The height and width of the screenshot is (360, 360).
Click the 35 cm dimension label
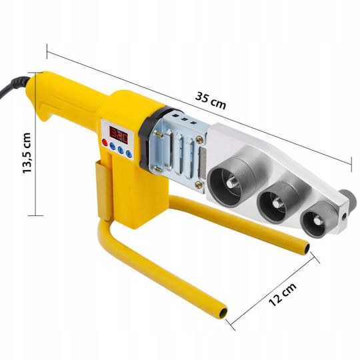211,101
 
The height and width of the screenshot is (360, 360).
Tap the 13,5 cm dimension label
27,153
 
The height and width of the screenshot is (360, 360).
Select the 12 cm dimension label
282,295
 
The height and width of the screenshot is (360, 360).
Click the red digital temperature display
119,135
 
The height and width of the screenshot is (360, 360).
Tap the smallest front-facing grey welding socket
318,220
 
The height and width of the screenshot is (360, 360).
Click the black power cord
14,85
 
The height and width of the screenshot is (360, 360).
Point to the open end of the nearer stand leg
223,313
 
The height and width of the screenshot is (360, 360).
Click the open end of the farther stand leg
307,249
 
